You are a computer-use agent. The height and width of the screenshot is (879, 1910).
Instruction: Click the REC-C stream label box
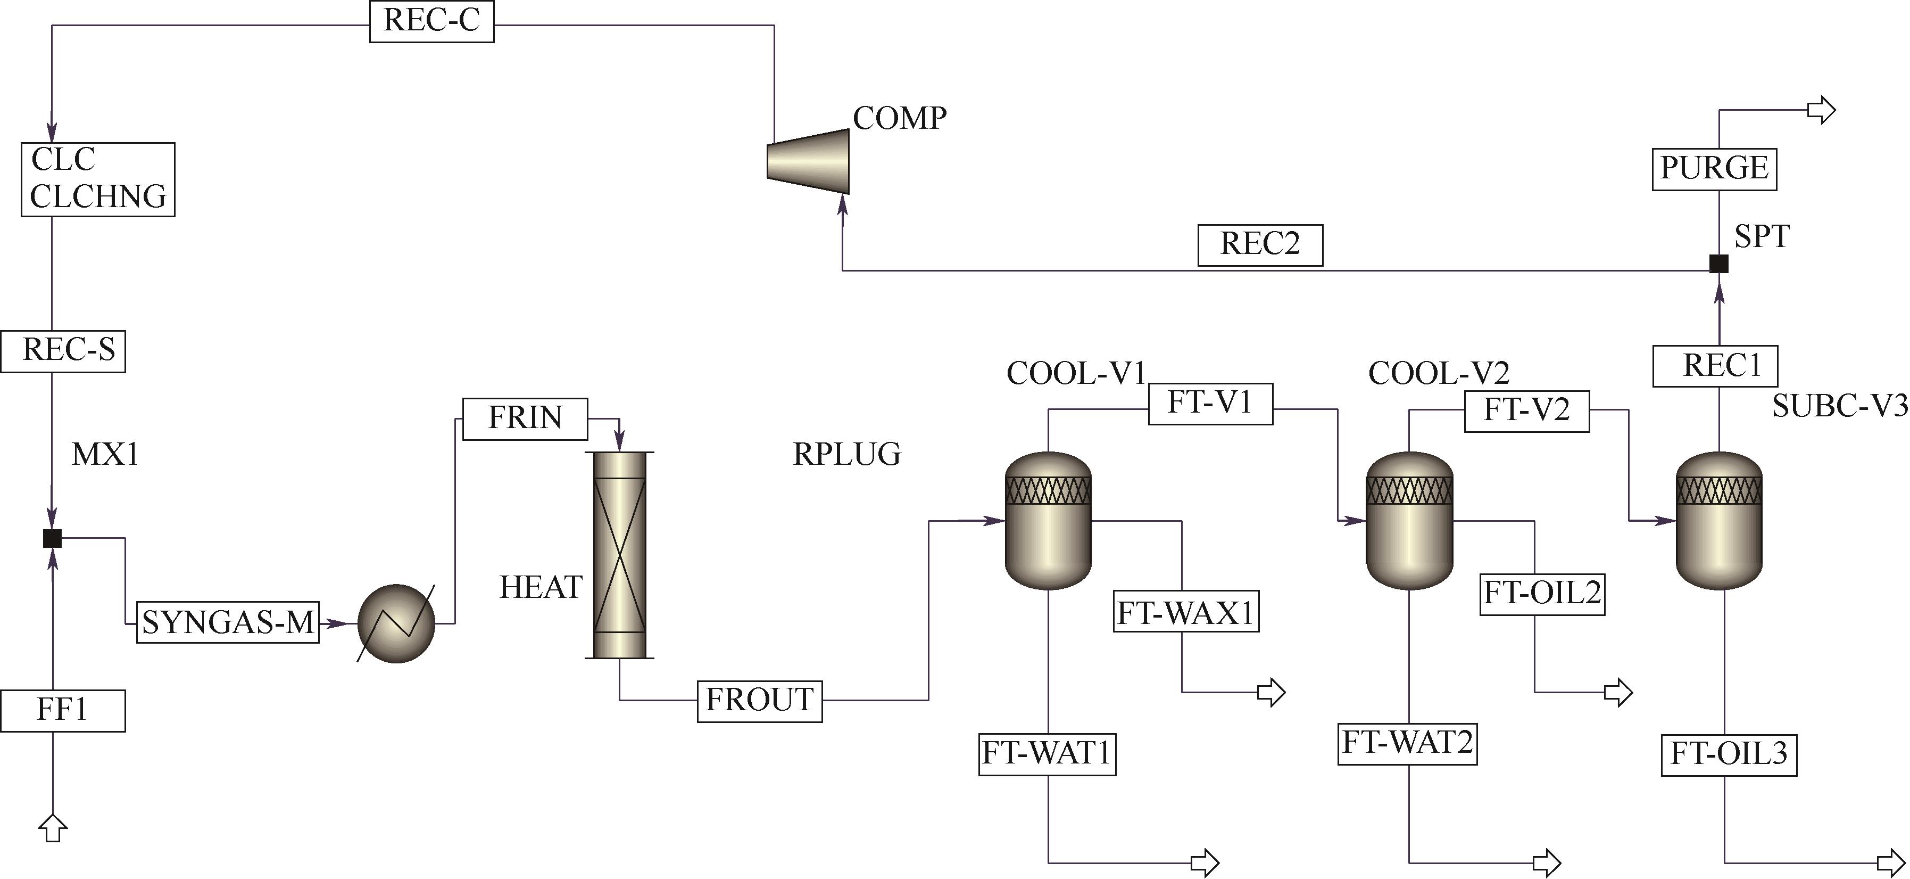point(431,21)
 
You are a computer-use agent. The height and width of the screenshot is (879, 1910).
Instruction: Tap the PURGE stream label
point(1714,168)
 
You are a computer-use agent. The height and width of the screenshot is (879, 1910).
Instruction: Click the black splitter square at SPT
point(1718,264)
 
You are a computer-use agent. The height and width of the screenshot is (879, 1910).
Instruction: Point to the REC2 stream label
point(1260,245)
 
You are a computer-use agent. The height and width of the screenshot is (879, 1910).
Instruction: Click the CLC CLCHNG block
point(98,179)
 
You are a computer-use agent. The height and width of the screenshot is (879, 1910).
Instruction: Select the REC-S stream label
point(63,351)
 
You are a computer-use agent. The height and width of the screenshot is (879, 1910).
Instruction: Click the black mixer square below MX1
point(52,538)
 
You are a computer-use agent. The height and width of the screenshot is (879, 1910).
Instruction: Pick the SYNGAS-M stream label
point(228,622)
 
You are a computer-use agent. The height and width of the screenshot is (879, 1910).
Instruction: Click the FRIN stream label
point(525,419)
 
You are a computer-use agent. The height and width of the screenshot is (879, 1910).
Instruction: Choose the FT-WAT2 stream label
point(1407,743)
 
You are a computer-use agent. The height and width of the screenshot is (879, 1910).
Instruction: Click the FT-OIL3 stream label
point(1729,755)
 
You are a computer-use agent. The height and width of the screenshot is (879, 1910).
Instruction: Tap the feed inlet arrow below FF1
point(53,828)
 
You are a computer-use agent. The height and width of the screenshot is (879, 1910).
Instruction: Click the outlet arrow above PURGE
point(1821,111)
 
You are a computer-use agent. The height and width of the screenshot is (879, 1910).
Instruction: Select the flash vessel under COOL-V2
point(1409,521)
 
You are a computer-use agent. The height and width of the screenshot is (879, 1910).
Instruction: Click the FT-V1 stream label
point(1210,404)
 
